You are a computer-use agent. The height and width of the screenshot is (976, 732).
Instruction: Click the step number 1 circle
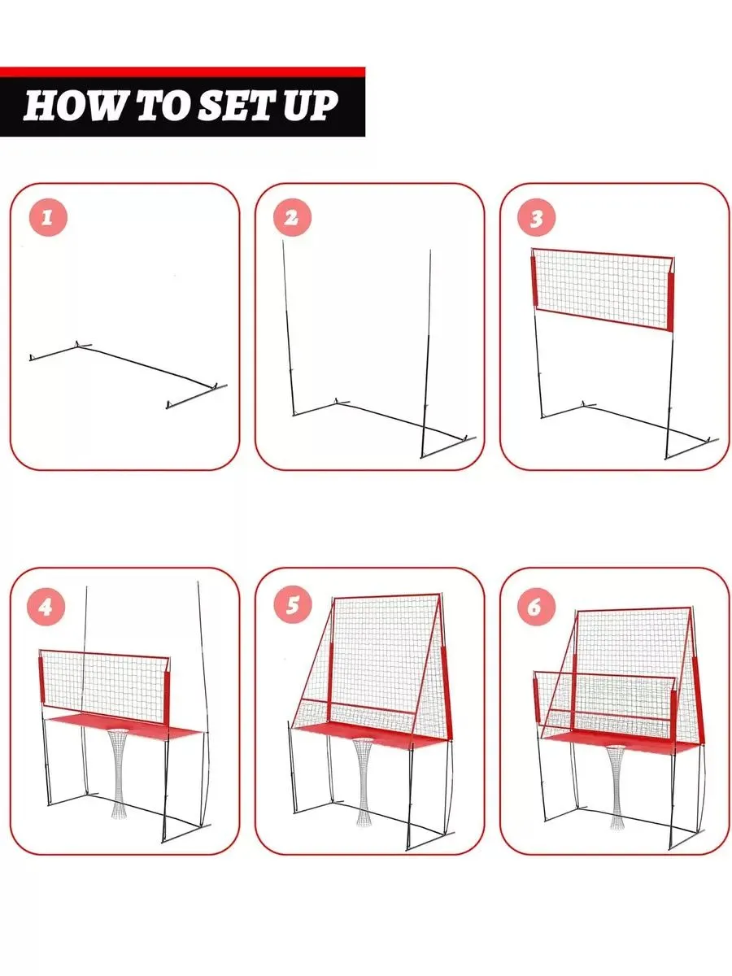click(x=48, y=217)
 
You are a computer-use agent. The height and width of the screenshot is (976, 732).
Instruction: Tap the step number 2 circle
click(x=292, y=217)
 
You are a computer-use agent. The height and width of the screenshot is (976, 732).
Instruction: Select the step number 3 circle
click(x=537, y=217)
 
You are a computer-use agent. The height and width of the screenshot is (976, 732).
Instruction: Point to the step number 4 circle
click(x=46, y=607)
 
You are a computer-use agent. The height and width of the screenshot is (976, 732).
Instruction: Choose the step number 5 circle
click(x=292, y=605)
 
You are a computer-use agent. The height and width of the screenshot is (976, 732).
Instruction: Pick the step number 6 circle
click(x=537, y=607)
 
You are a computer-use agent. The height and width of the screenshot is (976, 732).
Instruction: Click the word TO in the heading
click(x=161, y=106)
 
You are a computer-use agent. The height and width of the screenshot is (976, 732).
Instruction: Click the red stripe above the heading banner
click(x=183, y=72)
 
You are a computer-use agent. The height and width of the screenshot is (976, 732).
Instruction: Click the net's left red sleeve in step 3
click(x=534, y=281)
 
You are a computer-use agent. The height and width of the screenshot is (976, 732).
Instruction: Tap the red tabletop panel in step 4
click(x=127, y=726)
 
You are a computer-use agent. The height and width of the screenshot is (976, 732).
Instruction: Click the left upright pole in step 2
click(x=288, y=328)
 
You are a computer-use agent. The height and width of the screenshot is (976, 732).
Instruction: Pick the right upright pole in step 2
click(x=426, y=354)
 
